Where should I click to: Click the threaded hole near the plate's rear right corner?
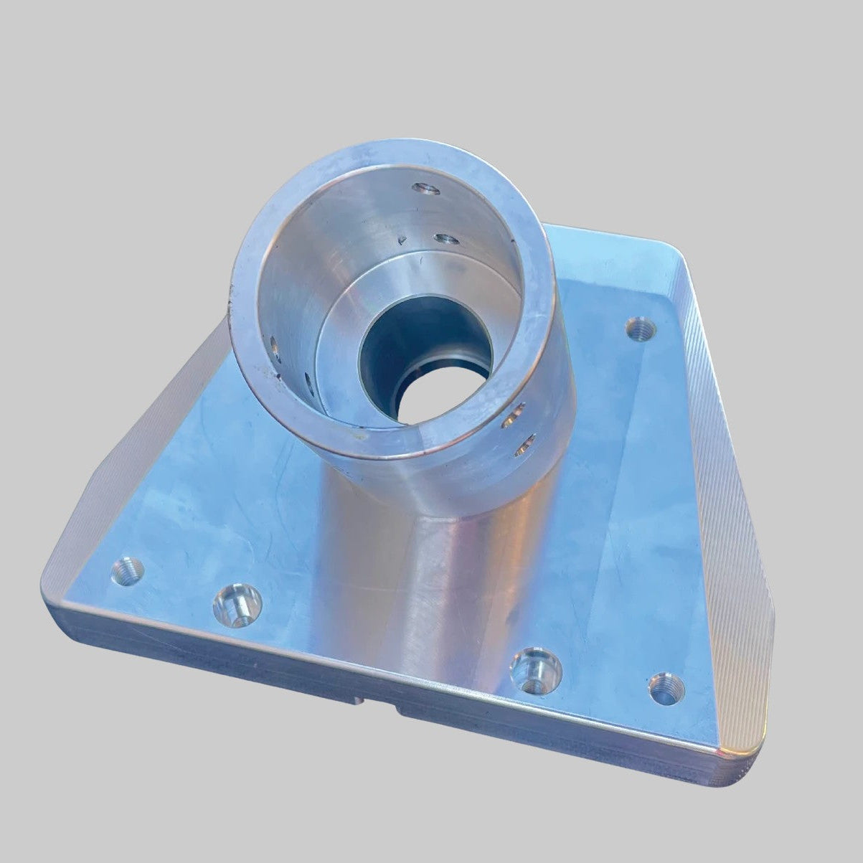641,329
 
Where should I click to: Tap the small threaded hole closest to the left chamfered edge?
128,570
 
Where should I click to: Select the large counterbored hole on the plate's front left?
237,602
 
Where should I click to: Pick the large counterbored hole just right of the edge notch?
535,670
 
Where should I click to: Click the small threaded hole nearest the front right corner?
666,688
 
